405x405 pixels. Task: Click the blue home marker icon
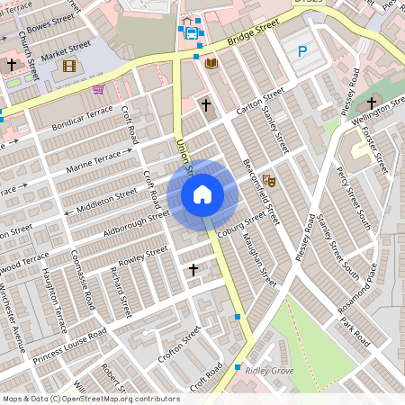(x=202, y=193)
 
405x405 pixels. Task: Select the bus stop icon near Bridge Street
(x=191, y=33)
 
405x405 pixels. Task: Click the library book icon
(x=211, y=64)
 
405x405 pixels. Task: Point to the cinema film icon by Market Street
(x=69, y=65)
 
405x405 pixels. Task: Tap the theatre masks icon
(x=268, y=183)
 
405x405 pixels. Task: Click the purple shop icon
(x=97, y=89)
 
